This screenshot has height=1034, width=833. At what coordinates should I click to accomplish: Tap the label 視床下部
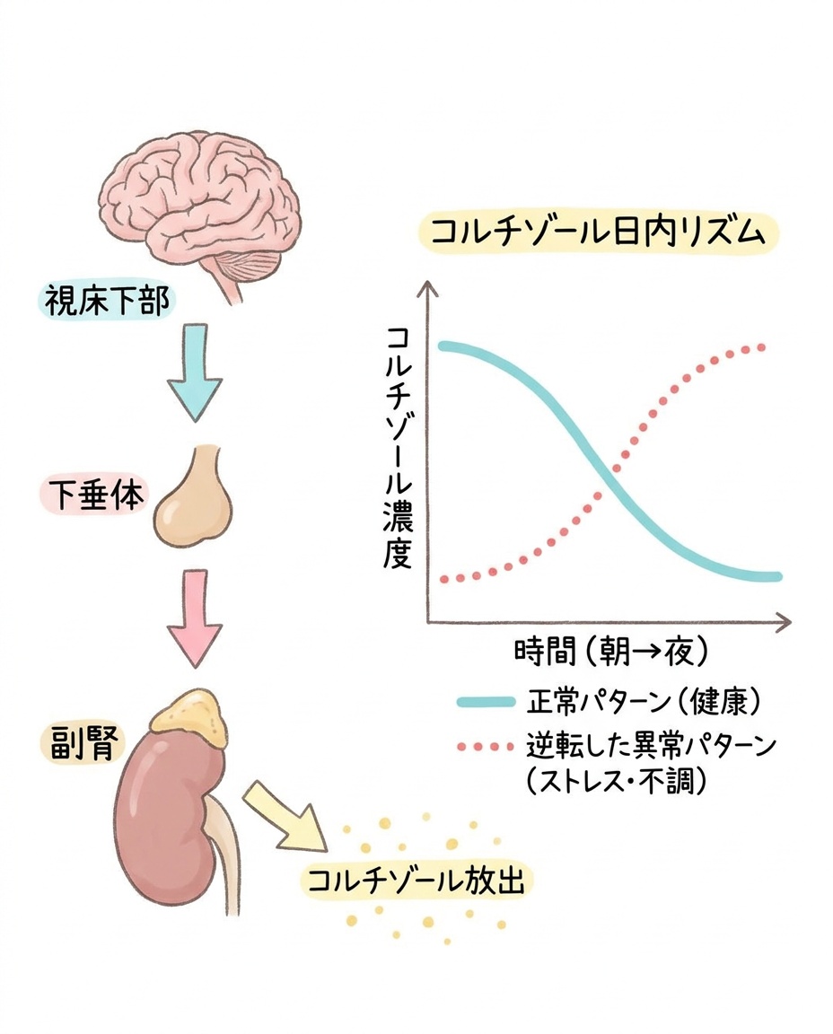(x=106, y=301)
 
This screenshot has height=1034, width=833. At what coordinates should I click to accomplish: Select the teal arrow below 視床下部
(x=195, y=372)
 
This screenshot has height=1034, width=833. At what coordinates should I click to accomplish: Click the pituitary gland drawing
(x=195, y=495)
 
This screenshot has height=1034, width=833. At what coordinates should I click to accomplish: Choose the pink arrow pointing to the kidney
(x=195, y=618)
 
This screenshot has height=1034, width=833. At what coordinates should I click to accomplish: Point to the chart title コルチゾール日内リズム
(x=598, y=233)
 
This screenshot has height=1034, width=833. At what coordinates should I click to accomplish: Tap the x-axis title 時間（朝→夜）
(x=610, y=652)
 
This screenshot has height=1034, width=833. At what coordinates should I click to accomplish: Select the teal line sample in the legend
(x=487, y=702)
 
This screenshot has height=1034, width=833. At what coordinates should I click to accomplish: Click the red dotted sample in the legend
(x=486, y=747)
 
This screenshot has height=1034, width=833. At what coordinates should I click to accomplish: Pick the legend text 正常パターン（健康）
(x=644, y=702)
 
